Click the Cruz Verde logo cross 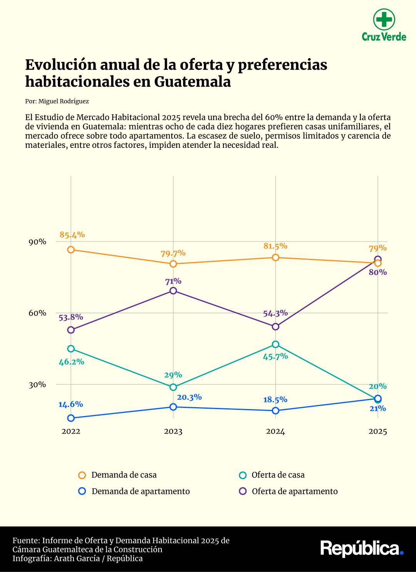click(x=384, y=19)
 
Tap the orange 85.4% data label click(x=72, y=235)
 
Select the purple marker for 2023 click(x=173, y=290)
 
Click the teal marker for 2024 click(x=275, y=344)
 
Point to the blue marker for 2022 click(x=71, y=418)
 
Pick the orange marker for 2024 click(x=275, y=257)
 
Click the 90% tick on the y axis click(x=37, y=242)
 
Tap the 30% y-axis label click(x=37, y=384)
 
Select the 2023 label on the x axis click(x=173, y=431)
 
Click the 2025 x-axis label click(x=377, y=431)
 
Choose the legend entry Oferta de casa click(x=278, y=475)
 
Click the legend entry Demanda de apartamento click(x=141, y=491)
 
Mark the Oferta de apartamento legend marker click(x=243, y=491)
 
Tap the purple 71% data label click(x=173, y=281)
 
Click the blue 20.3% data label click(x=189, y=397)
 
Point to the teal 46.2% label click(x=71, y=362)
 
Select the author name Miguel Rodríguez click(x=64, y=101)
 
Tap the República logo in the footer click(x=362, y=549)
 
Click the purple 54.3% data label click(x=275, y=313)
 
